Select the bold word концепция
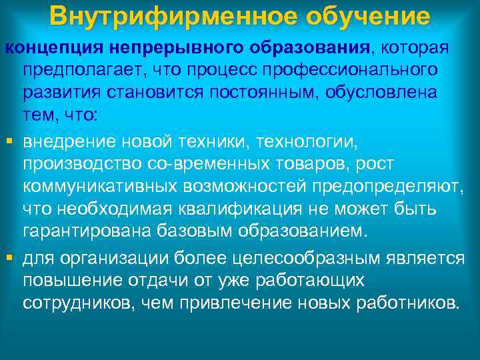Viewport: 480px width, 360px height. tap(46, 48)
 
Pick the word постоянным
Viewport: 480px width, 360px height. tap(262, 92)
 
